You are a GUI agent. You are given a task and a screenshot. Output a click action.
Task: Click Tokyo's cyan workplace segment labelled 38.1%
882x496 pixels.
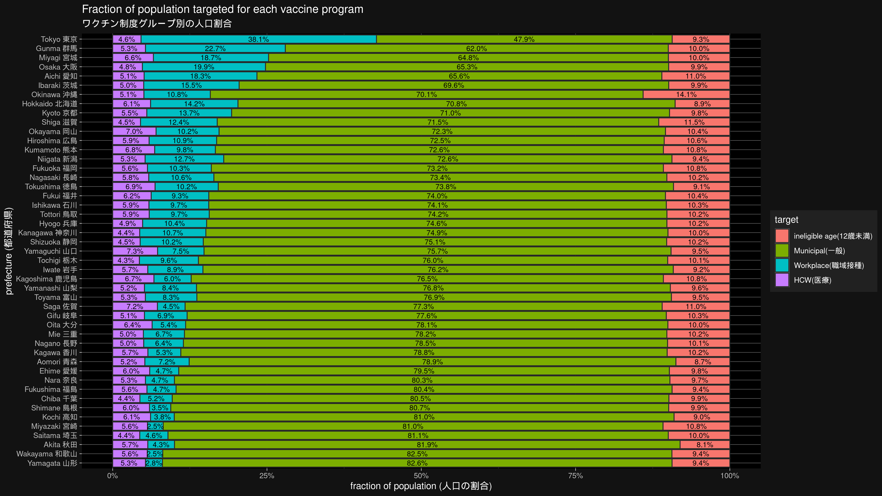[x=258, y=39]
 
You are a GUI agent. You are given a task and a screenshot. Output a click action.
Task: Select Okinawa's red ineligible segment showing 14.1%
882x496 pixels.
[x=686, y=95]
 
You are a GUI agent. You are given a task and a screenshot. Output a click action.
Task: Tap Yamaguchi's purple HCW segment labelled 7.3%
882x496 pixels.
[x=135, y=251]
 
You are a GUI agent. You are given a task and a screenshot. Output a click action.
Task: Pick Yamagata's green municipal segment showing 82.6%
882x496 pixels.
[x=417, y=463]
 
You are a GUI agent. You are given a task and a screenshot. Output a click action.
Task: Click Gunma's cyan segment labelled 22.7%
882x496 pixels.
[x=215, y=49]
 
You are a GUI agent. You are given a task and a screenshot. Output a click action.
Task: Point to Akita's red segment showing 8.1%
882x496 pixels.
[x=705, y=445]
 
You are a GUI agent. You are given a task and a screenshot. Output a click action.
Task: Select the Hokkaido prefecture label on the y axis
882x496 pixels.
[x=50, y=104]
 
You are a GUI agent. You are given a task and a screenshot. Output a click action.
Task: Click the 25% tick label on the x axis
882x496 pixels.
[x=267, y=476]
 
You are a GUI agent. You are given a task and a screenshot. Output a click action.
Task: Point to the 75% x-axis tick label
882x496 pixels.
[x=575, y=476]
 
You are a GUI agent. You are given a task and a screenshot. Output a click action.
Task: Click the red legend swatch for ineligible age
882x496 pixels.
[x=782, y=236]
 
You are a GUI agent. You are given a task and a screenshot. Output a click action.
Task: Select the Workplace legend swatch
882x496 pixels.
[x=782, y=265]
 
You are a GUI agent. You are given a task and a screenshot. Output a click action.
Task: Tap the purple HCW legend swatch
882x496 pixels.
[x=782, y=280]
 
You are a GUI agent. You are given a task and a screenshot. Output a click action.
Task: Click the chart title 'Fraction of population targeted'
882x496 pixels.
[x=223, y=9]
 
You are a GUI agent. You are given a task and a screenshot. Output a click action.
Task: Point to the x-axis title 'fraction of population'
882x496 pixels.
[x=421, y=486]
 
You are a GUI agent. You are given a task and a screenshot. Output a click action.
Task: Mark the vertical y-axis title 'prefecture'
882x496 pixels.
[x=9, y=251]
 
